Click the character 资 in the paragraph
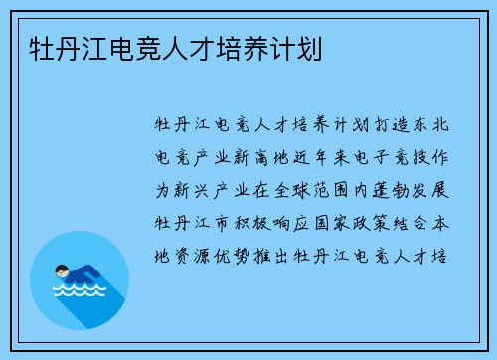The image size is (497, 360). pyautogui.click(x=185, y=250)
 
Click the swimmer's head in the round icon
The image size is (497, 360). pyautogui.click(x=61, y=268)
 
